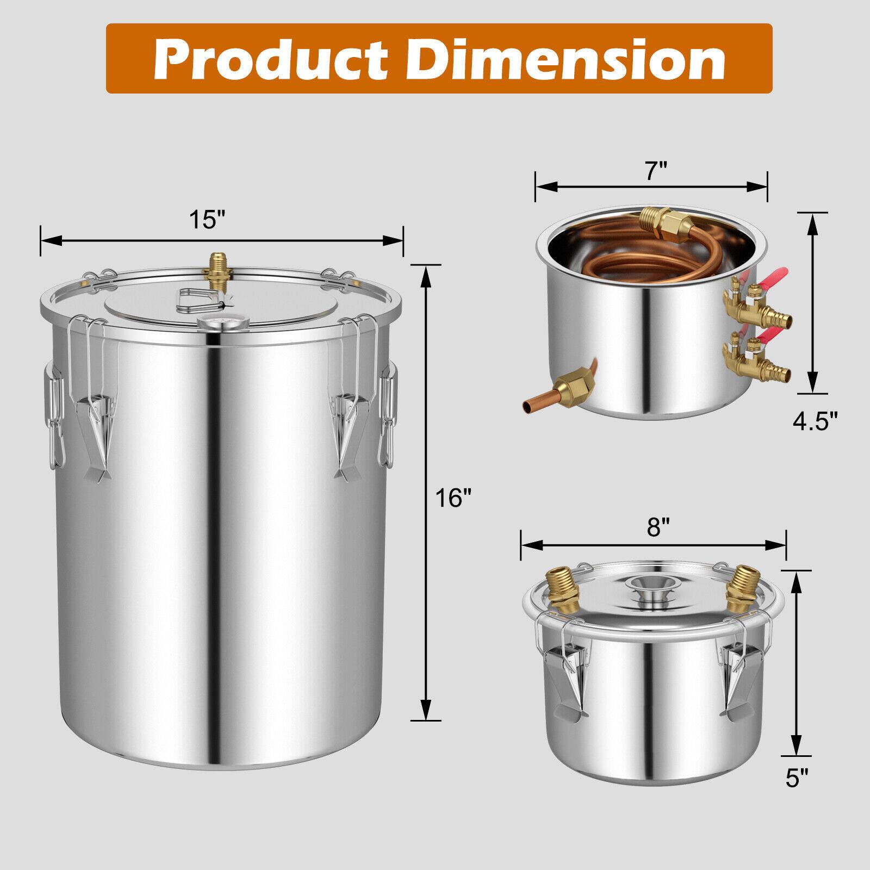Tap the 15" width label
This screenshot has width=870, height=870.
click(207, 220)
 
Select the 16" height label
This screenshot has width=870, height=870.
click(452, 498)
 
